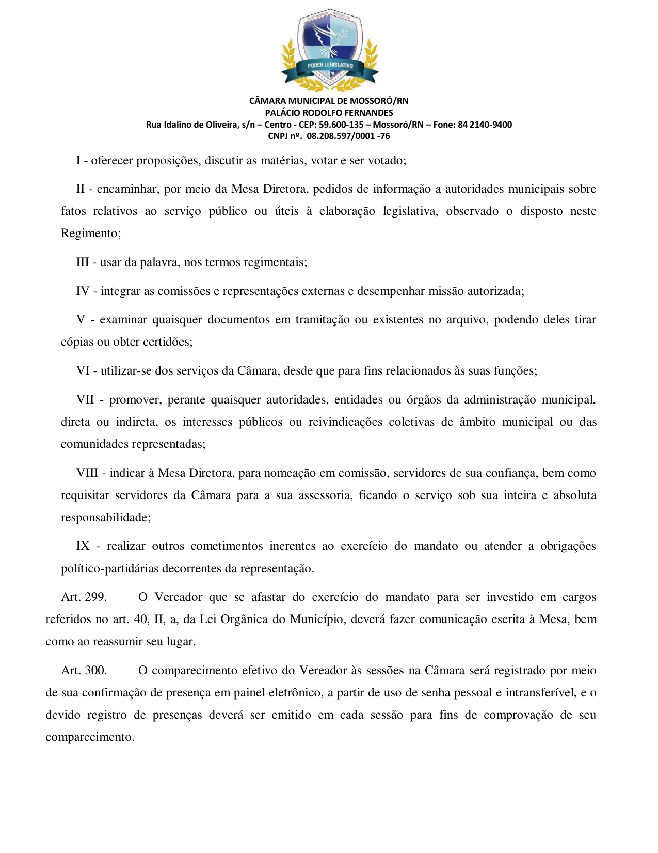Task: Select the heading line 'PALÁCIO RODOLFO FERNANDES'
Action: click(x=329, y=113)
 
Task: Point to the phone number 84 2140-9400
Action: click(x=485, y=125)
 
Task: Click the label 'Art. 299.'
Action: click(x=84, y=597)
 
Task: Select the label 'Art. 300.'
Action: click(x=84, y=671)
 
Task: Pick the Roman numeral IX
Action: click(x=83, y=546)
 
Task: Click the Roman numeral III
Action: click(x=83, y=262)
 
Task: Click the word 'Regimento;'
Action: click(x=91, y=234)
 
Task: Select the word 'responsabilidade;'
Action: click(x=106, y=518)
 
